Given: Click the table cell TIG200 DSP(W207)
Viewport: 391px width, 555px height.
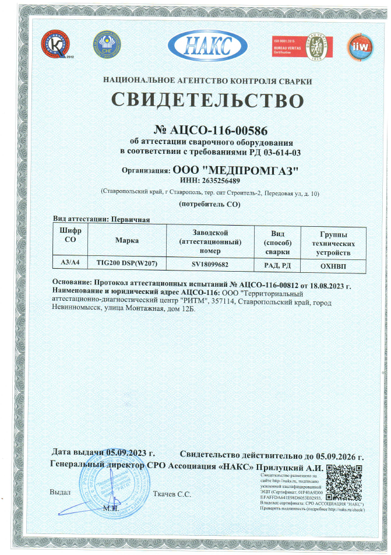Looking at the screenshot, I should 127,264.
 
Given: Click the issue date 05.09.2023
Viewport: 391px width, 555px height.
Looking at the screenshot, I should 130,454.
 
